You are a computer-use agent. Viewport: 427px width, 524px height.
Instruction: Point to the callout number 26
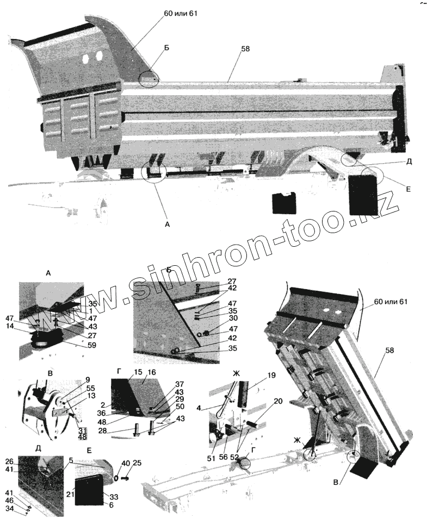click(x=9, y=461)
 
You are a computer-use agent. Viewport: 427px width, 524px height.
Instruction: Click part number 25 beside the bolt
click(x=137, y=463)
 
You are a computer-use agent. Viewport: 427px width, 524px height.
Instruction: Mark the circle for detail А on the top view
click(x=154, y=172)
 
